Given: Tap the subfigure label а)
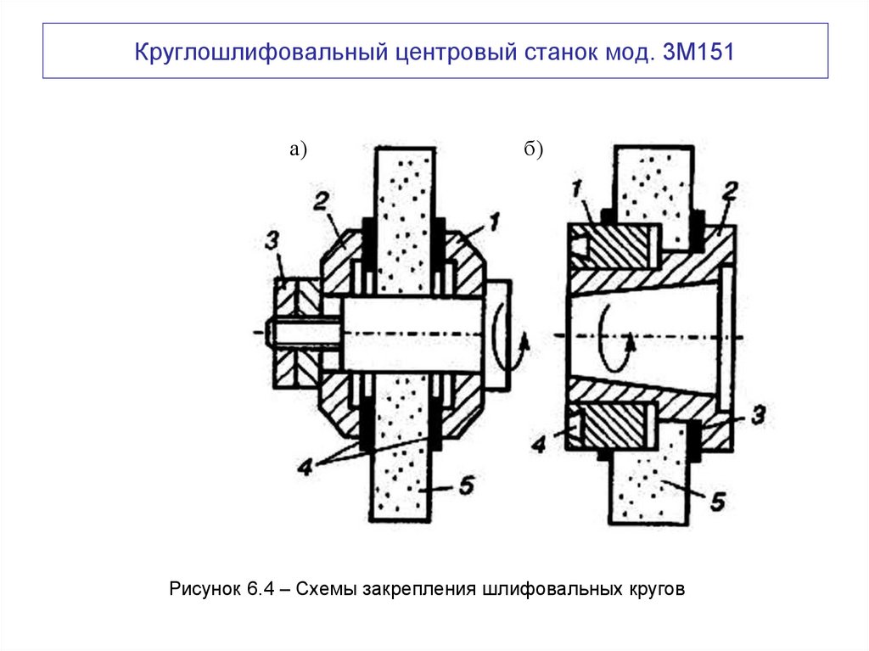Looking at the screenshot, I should pos(297,150).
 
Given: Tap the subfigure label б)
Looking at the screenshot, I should pos(533,150).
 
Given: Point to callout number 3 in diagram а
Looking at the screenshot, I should pos(271,241).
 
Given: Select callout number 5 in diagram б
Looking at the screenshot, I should pos(717,502).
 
